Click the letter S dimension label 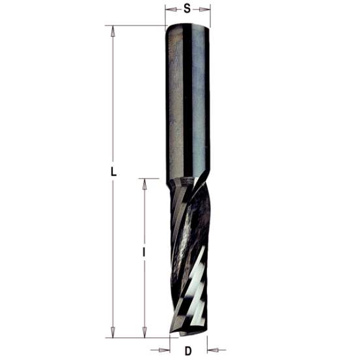pyautogui.click(x=188, y=8)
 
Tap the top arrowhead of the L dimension pyautogui.click(x=113, y=30)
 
